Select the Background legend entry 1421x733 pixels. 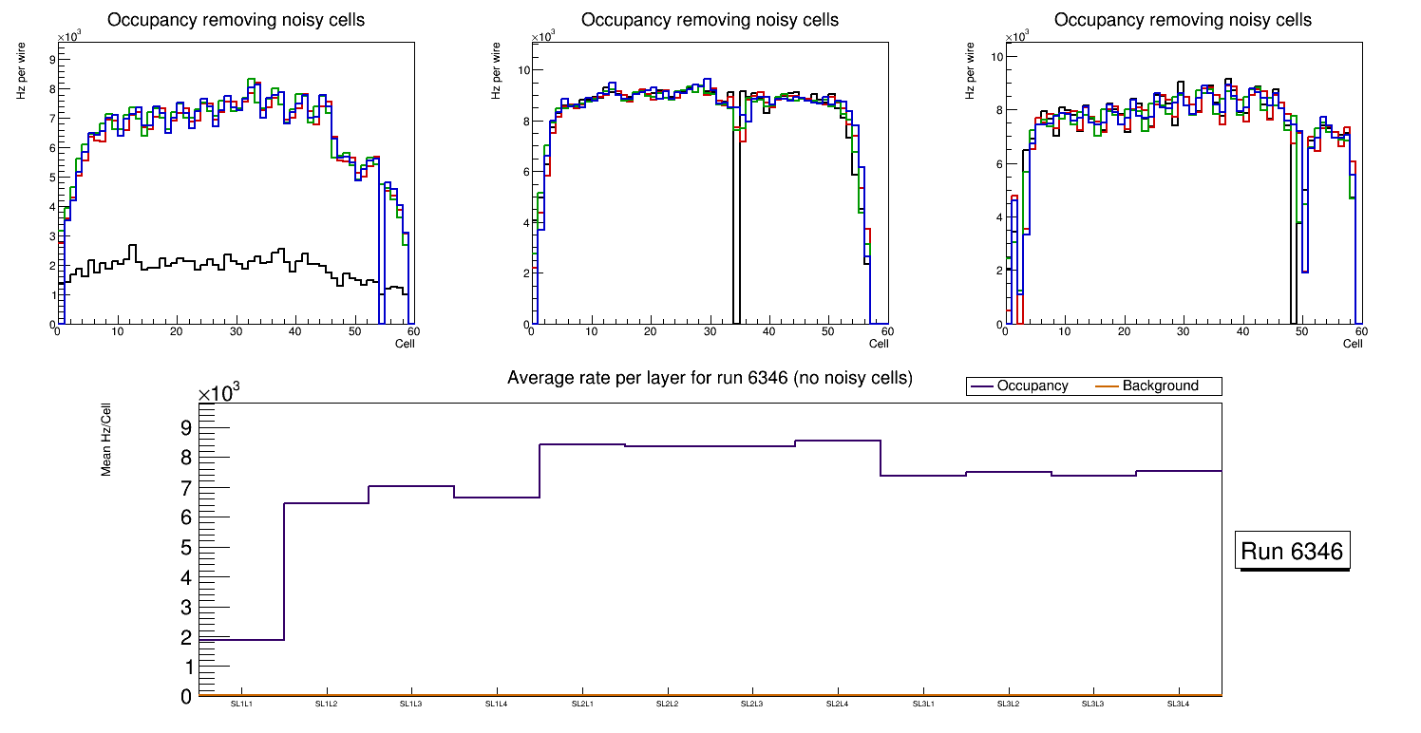1160,386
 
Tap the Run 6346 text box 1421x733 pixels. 1292,552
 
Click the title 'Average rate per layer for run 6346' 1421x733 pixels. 710,378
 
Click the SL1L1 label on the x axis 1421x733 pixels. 241,704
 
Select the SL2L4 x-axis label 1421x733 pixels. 838,704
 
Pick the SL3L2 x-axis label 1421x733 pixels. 1008,704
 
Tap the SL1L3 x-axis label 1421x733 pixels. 411,704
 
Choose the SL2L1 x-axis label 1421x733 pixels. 582,704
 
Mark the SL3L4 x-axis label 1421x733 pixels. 1179,704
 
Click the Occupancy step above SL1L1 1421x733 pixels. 241,640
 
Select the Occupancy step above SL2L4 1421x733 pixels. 838,441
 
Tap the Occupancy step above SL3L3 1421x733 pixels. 1093,476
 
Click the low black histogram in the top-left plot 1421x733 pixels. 190,263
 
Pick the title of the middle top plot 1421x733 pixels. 710,20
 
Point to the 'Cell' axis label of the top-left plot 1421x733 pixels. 405,343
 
